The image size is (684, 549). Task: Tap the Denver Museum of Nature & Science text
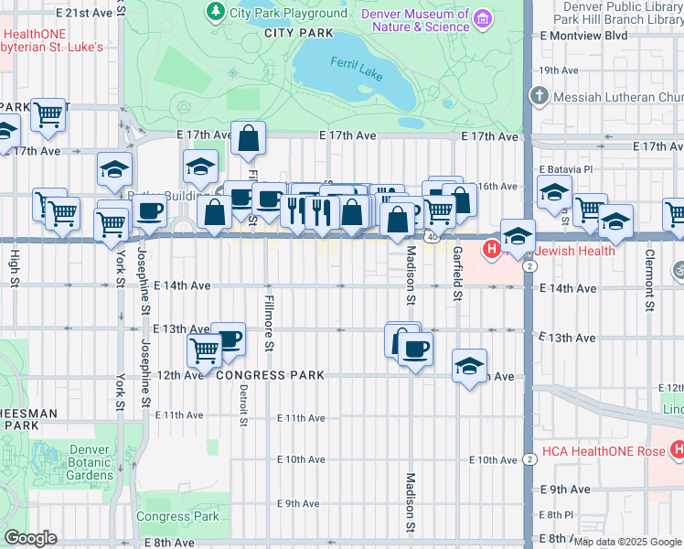tap(416, 20)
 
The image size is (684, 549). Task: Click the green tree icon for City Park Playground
tap(215, 12)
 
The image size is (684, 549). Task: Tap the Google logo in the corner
tap(31, 538)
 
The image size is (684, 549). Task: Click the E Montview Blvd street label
tap(583, 35)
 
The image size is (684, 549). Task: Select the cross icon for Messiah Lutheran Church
tap(540, 96)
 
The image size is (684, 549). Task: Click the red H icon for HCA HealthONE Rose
tap(678, 449)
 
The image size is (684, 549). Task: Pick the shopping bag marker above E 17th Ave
tap(248, 139)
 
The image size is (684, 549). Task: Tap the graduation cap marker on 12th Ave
tap(469, 366)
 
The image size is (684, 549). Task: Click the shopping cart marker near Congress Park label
tap(204, 350)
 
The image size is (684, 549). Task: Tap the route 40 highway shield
tap(429, 236)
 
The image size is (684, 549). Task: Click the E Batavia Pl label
tap(566, 169)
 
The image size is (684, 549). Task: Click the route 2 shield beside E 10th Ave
tap(529, 459)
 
